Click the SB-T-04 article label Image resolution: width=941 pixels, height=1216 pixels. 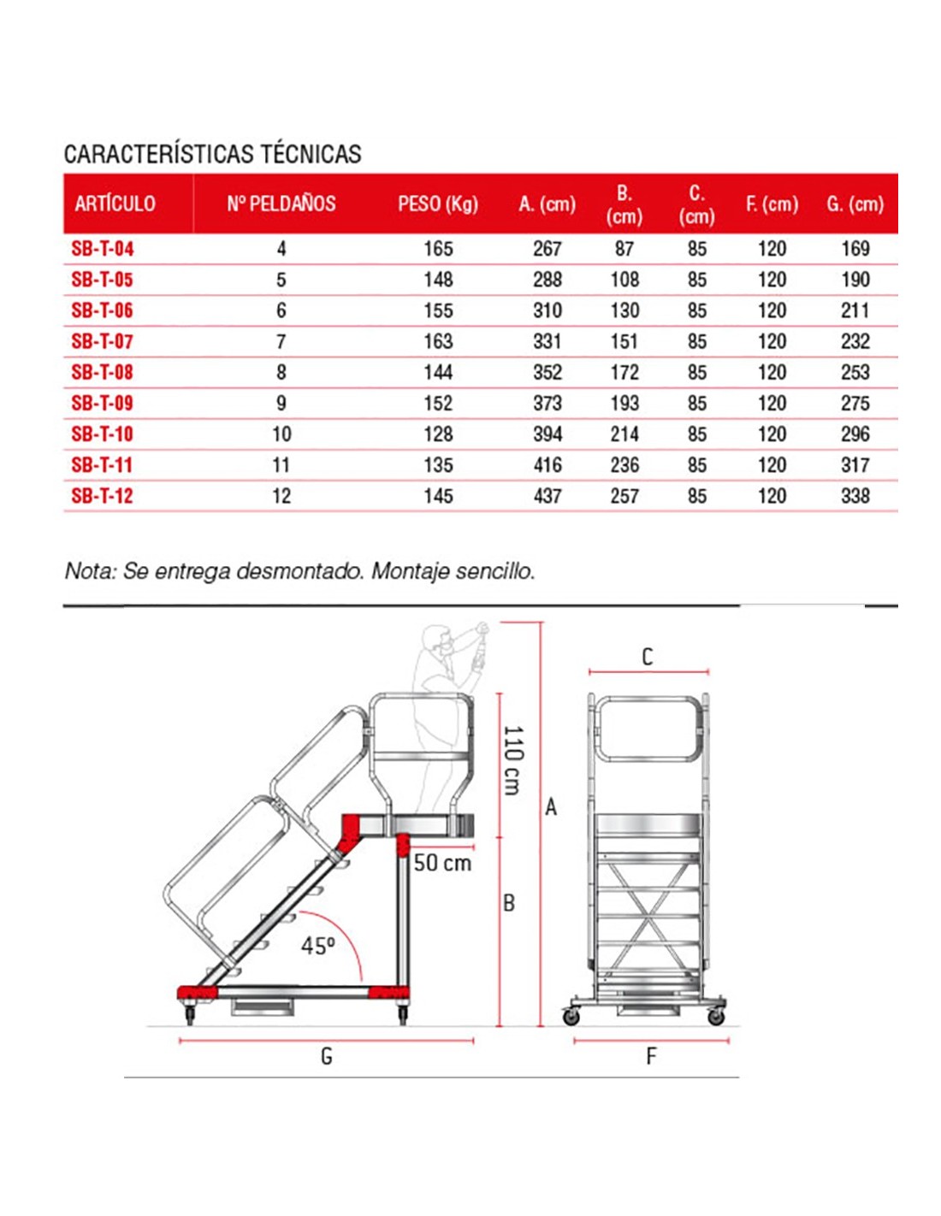tap(103, 249)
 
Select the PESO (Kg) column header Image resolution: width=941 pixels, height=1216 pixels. tap(437, 204)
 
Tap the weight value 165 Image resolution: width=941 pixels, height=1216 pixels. tap(438, 249)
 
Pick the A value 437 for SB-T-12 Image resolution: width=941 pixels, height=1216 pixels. tap(547, 496)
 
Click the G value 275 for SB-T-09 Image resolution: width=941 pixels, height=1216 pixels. tap(855, 404)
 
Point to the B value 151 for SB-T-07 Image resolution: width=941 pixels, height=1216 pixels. tap(624, 341)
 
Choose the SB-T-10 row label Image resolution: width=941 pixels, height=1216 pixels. tap(103, 434)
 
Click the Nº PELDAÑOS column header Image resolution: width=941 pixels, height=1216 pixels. tap(281, 204)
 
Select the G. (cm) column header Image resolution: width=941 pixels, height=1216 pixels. tap(855, 204)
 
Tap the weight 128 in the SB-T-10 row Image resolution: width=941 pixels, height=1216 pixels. tap(438, 434)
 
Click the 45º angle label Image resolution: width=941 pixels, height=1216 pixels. tap(317, 946)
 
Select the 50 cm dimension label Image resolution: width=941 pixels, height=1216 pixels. tap(442, 863)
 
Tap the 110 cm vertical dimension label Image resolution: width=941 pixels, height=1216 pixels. tap(512, 760)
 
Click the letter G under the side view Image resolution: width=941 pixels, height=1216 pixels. tap(326, 1057)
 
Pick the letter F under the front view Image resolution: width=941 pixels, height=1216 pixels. tap(651, 1057)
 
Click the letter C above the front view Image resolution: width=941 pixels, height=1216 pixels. tap(648, 657)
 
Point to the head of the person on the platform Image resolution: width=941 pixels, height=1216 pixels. tap(435, 638)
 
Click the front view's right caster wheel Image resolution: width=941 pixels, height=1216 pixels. tap(716, 1016)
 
